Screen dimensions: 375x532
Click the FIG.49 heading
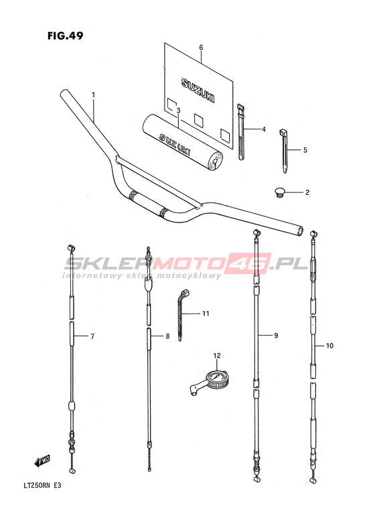coord(65,36)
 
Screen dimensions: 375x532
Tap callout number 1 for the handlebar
coord(93,95)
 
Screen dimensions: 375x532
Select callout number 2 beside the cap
coord(307,192)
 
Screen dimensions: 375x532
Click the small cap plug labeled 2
coord(280,193)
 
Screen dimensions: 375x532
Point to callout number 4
coord(263,129)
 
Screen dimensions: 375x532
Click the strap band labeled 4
coord(241,131)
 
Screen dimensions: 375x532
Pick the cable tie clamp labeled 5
coord(284,151)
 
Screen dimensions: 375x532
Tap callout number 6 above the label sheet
coord(201,47)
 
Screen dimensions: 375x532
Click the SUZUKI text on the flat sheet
coord(198,90)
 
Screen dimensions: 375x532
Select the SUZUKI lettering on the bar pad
coord(175,143)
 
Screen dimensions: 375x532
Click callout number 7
coord(92,336)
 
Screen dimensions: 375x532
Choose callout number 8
coord(167,336)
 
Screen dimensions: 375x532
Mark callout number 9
coord(276,336)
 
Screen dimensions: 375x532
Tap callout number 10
coord(329,346)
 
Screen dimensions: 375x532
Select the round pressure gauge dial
coord(216,378)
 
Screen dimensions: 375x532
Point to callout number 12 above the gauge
coord(217,355)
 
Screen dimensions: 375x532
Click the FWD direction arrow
coord(42,461)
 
